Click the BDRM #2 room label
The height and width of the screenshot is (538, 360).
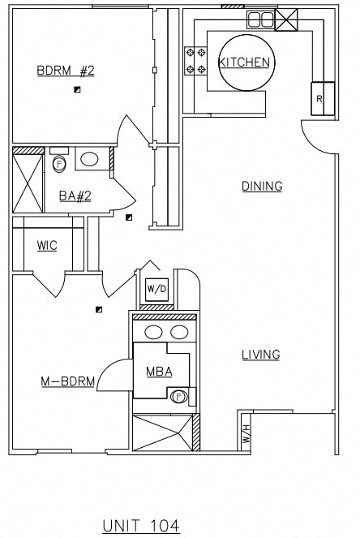[x=66, y=70]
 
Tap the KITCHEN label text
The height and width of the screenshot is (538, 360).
[x=244, y=62]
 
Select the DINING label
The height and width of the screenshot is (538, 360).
[x=262, y=187]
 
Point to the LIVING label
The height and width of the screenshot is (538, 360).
[x=260, y=355]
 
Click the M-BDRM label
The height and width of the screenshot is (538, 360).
[x=68, y=381]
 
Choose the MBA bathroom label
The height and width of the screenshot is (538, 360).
[x=158, y=372]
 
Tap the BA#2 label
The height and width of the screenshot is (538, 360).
[x=74, y=196]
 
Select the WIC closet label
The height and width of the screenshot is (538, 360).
[x=47, y=246]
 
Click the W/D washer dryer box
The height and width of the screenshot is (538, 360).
[x=156, y=290]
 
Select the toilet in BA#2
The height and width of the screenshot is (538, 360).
[x=59, y=163]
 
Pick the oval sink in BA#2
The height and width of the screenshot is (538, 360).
[x=89, y=159]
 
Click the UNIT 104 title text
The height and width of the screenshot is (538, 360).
[x=140, y=526]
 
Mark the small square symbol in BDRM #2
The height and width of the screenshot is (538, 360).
[x=77, y=90]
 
